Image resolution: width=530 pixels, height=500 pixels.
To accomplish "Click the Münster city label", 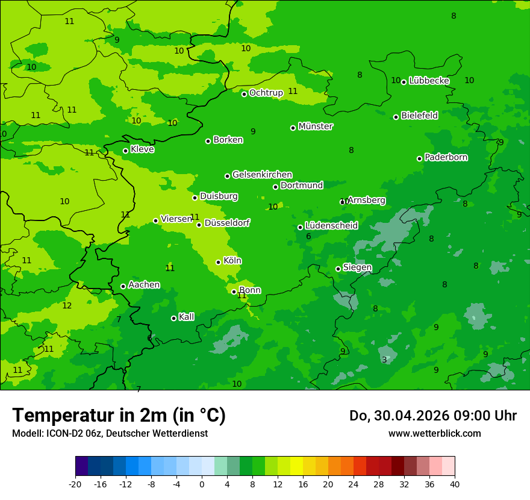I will point(315,127).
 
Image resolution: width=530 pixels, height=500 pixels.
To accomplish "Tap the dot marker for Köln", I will point(218,262).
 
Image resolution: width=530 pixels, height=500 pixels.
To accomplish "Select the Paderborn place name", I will point(446,157).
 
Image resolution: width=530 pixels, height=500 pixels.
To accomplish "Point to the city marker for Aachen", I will point(123,286).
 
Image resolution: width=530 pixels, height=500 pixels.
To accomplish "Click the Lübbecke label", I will point(429,81).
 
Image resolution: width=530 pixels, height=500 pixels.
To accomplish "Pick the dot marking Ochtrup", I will point(244,94).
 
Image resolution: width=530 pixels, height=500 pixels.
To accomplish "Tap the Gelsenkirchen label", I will point(262,175).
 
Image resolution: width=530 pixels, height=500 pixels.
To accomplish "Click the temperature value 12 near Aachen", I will point(67,305).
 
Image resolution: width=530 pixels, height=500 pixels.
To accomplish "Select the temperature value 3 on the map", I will point(384,360).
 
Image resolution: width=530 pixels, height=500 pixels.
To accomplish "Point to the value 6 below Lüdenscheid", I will point(308,237).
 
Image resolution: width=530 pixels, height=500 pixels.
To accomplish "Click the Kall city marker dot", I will point(173,318).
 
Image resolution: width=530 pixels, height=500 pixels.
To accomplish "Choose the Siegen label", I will point(357,267).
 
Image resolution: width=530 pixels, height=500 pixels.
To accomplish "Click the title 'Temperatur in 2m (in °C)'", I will point(119,416).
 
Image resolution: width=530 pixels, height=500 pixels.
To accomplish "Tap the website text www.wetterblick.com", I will point(434,433).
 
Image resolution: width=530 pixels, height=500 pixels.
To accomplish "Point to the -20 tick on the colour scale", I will point(75,484).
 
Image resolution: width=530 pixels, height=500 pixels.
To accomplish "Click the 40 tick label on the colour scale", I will point(455,484).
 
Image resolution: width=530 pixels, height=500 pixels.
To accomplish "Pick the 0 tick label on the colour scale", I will point(202,484).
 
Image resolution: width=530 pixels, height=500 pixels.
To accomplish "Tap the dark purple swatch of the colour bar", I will point(81,466).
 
